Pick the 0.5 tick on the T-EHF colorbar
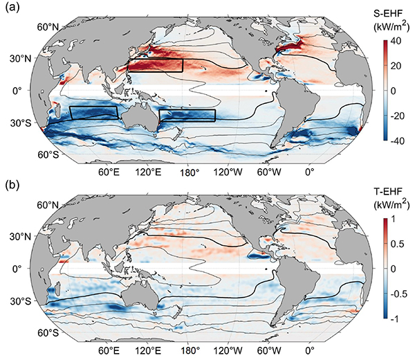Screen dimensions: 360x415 click(398, 244)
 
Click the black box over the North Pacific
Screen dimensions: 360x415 click(155, 65)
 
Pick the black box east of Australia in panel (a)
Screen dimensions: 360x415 click(187, 115)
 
